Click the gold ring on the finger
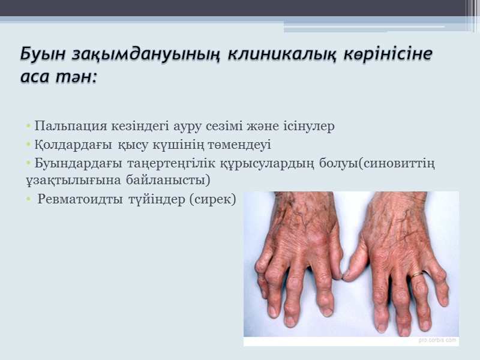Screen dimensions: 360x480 [x=416, y=274]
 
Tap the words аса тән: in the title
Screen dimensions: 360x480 [x=59, y=78]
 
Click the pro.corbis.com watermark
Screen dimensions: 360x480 [x=437, y=340]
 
